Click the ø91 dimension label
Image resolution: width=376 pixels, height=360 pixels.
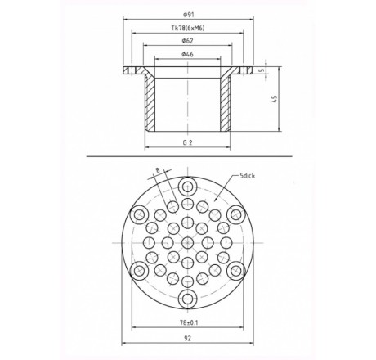pos(189,15)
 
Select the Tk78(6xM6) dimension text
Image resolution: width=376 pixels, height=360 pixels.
pos(188,28)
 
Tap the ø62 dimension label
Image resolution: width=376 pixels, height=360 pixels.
pos(188,41)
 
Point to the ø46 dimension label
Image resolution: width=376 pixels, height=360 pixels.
pos(188,54)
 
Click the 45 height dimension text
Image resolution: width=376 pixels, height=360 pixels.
pos(275,99)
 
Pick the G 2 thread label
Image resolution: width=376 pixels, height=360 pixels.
pos(187,142)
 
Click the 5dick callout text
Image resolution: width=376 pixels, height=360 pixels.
pos(248,176)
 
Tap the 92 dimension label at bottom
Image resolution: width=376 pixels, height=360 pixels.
pos(188,339)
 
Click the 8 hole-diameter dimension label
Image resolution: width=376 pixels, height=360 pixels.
pos(158,170)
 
